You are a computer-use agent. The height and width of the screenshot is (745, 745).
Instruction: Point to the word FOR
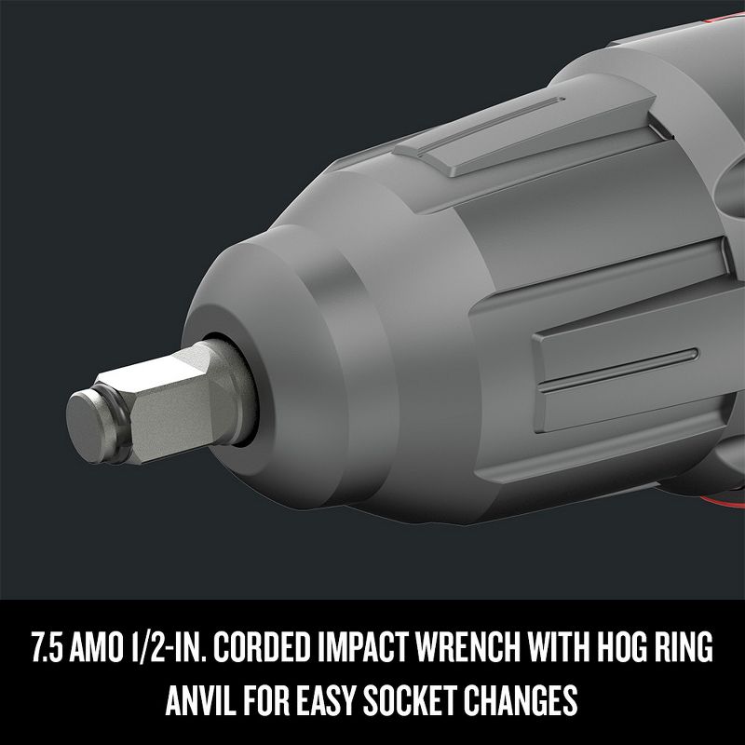pyautogui.click(x=264, y=697)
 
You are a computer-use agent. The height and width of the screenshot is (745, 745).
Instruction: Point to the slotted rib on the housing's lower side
pyautogui.click(x=615, y=359)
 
